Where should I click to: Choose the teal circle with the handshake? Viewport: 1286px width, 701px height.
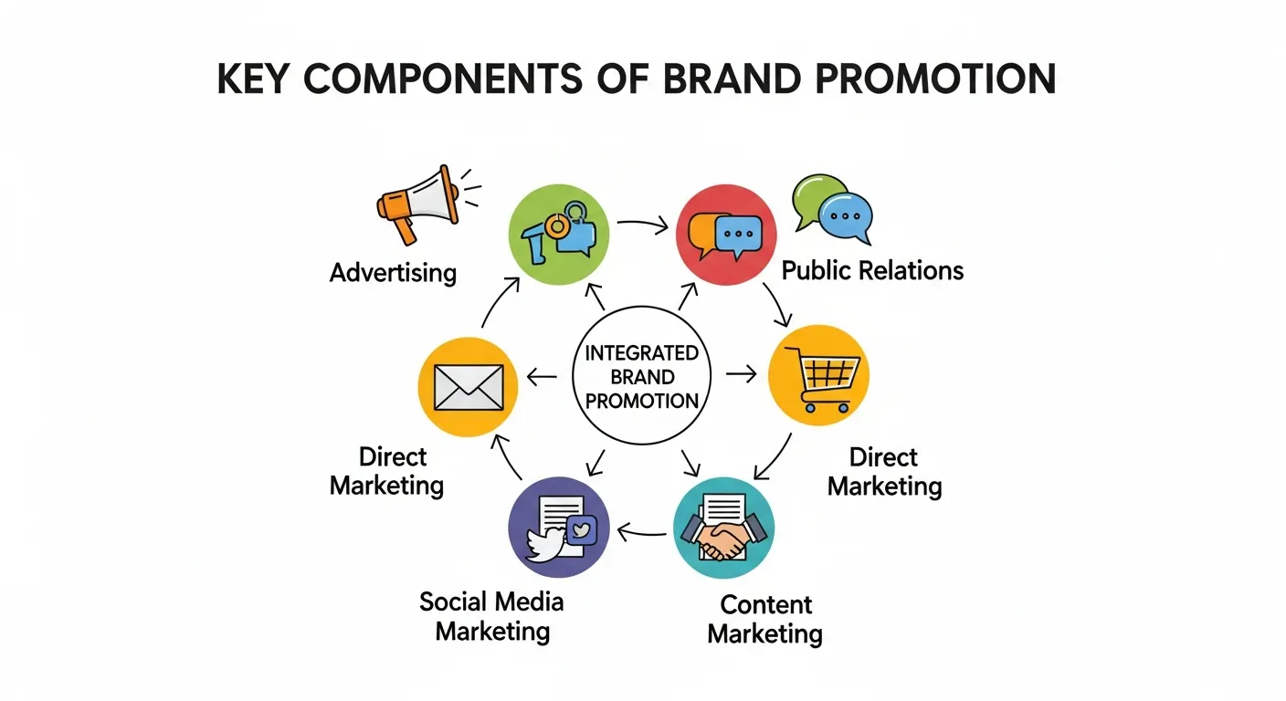pyautogui.click(x=723, y=528)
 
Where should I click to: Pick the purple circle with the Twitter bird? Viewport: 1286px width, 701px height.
pyautogui.click(x=558, y=528)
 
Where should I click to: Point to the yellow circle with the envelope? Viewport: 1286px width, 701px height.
pyautogui.click(x=468, y=386)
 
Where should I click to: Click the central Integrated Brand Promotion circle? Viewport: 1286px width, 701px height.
pyautogui.click(x=641, y=375)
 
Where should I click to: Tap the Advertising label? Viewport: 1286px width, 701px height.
pyautogui.click(x=393, y=272)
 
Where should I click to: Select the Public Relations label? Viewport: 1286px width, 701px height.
pyautogui.click(x=872, y=270)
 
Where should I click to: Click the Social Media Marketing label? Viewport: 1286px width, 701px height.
pyautogui.click(x=492, y=616)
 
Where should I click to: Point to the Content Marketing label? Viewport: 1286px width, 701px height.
pyautogui.click(x=765, y=619)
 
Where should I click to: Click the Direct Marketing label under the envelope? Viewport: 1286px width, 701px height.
pyautogui.click(x=387, y=470)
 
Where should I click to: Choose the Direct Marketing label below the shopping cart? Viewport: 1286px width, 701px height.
pyautogui.click(x=884, y=471)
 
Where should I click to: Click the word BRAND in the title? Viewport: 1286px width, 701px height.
pyautogui.click(x=728, y=80)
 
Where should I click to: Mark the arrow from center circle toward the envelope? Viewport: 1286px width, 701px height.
pyautogui.click(x=543, y=375)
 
